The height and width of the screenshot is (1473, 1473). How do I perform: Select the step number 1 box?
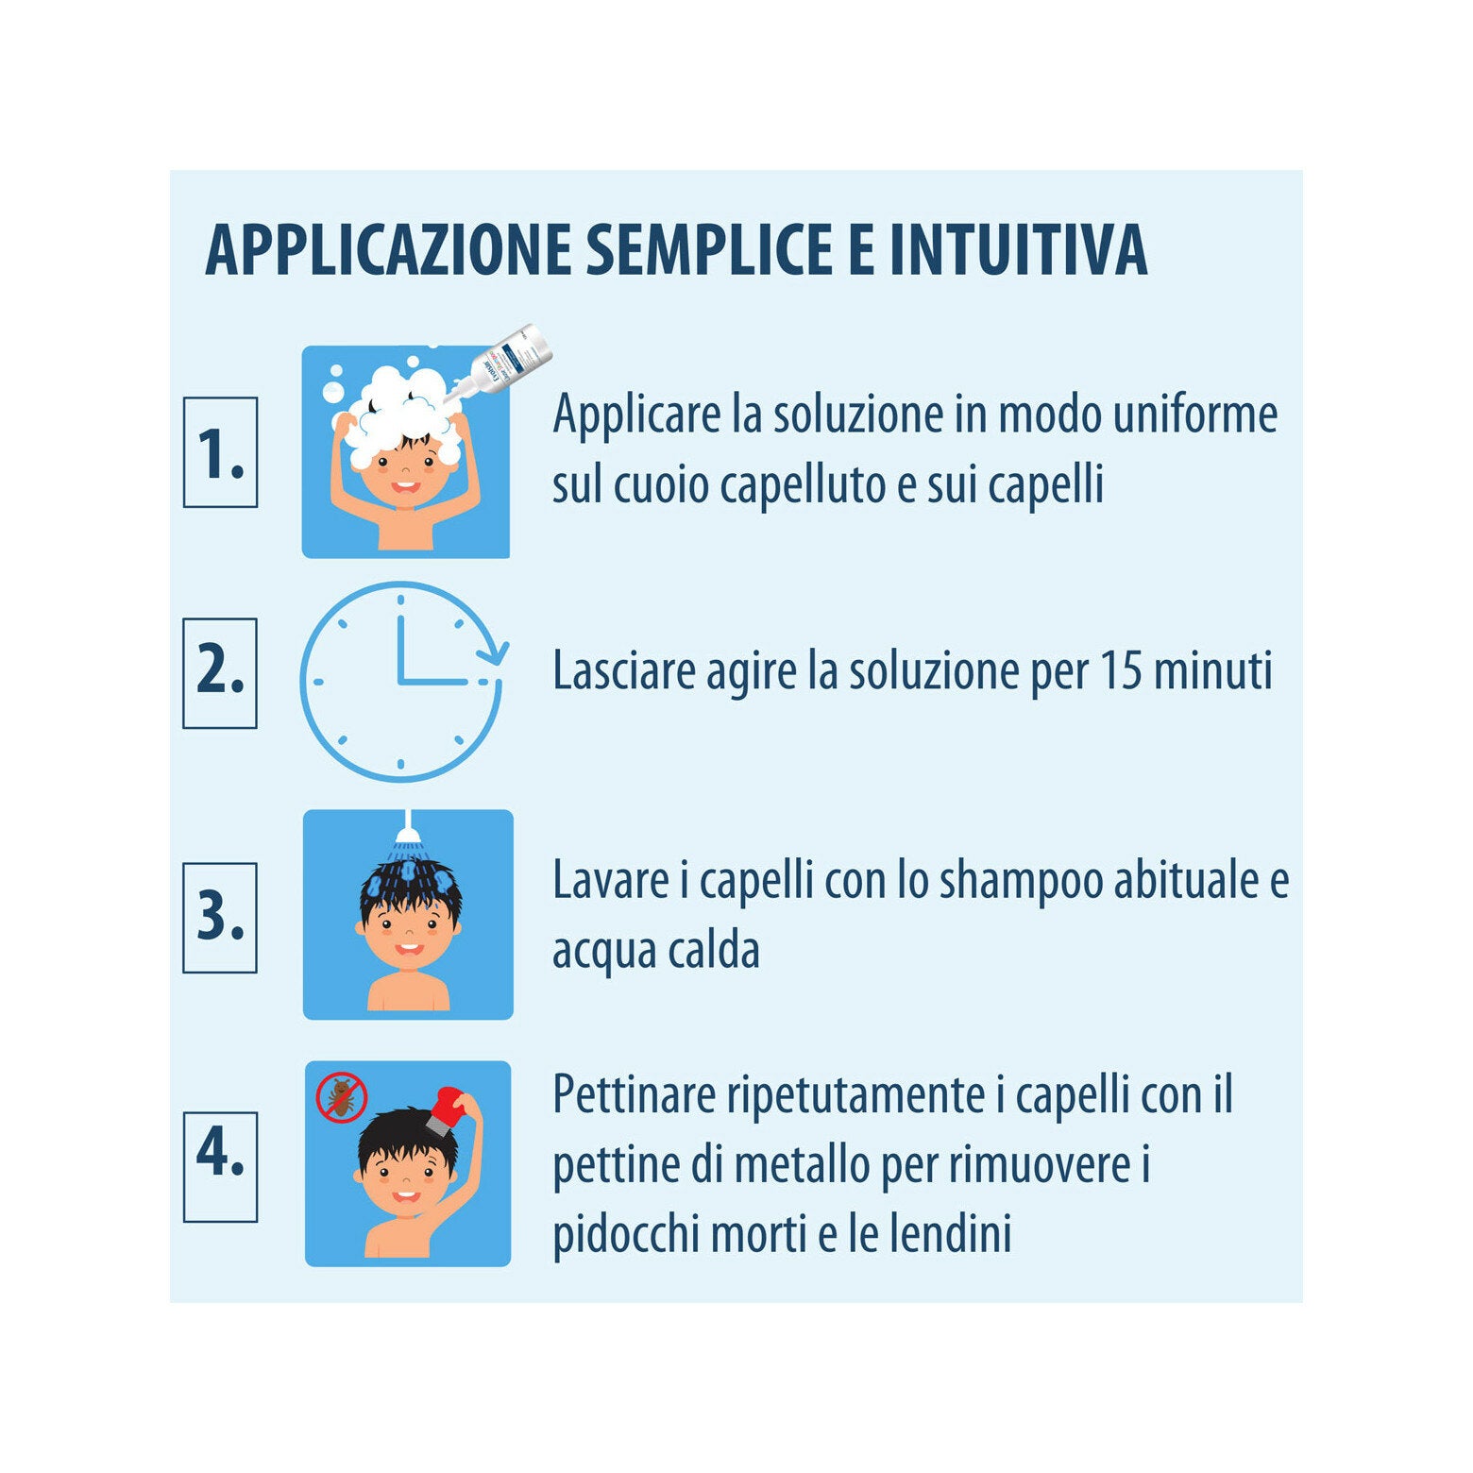click(220, 452)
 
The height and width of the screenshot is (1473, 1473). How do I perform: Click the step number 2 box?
click(220, 673)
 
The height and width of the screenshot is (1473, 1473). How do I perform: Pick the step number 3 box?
click(220, 917)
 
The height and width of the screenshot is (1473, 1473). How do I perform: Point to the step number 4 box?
click(220, 1166)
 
